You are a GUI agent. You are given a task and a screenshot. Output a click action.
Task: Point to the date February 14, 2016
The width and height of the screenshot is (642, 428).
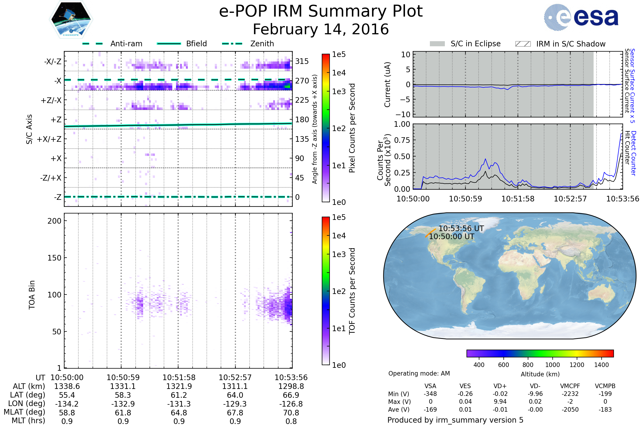point(321,29)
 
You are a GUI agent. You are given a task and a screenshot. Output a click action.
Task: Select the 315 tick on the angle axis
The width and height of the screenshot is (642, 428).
point(302,61)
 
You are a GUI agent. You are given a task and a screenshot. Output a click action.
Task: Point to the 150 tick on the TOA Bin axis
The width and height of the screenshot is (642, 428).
point(54,258)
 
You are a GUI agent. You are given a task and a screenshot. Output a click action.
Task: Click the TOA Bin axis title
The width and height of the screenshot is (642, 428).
point(32,295)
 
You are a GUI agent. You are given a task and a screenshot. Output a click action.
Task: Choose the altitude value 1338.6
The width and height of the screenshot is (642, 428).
point(67,386)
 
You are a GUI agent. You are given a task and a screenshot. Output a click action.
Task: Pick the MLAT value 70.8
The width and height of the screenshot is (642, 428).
point(291,413)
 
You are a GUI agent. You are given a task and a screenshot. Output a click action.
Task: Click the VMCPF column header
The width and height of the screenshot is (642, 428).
point(570,386)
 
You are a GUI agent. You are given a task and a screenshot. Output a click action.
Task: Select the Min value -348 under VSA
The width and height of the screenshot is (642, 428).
point(430,394)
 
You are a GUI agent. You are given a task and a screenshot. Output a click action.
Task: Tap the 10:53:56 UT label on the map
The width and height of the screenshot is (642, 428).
point(461,228)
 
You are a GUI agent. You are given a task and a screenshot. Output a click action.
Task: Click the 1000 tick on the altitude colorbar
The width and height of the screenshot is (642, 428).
point(552,365)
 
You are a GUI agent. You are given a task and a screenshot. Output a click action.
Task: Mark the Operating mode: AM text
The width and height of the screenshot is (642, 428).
point(419,373)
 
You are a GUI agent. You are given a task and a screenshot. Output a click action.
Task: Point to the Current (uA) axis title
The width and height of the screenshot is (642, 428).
point(387,85)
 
